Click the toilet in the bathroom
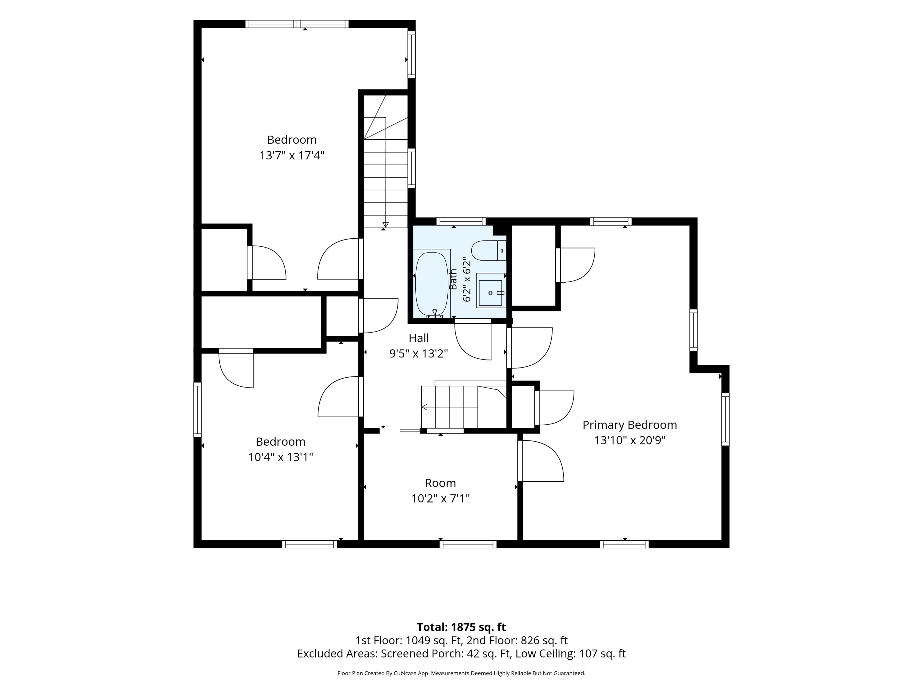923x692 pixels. click(488, 251)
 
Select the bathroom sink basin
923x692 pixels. click(490, 293)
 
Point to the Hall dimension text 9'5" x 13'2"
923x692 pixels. click(418, 354)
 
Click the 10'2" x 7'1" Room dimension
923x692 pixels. click(440, 499)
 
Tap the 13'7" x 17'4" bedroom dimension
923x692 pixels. click(292, 156)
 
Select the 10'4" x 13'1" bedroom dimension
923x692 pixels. click(280, 457)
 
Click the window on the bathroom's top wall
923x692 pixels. click(461, 221)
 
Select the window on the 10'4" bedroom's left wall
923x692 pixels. click(198, 410)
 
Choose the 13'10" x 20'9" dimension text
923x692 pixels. click(630, 440)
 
